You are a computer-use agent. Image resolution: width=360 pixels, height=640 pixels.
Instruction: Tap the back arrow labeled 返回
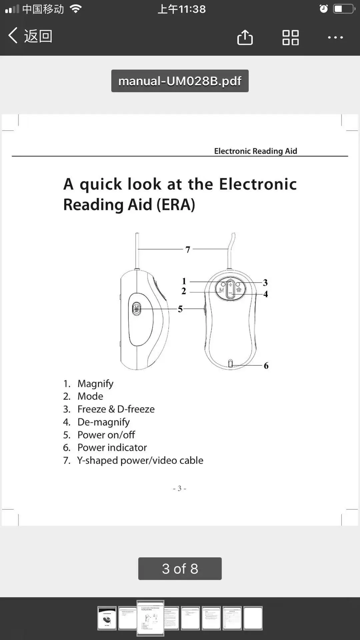point(30,36)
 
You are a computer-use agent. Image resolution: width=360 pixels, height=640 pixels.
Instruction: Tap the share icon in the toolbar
point(245,37)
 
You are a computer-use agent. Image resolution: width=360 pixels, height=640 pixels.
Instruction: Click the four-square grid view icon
point(290,37)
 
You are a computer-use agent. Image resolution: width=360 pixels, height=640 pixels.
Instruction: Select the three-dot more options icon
point(335,37)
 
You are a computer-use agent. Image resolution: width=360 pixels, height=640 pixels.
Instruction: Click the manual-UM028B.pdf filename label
point(180,81)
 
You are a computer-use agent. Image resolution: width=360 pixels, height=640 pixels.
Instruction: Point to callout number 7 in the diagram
point(188,249)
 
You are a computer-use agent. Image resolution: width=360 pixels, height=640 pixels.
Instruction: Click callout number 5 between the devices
point(180,309)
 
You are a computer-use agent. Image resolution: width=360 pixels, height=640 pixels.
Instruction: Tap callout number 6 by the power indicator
point(266,366)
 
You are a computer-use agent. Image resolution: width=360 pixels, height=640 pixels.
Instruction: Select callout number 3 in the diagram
point(265,283)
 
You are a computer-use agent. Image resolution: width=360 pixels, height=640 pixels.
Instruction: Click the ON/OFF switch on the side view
point(137,308)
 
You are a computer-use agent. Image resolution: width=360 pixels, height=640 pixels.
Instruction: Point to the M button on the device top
point(221,290)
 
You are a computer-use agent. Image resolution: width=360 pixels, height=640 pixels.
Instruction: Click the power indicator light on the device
point(230,363)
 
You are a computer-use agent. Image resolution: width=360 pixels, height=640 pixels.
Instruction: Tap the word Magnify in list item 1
point(95,384)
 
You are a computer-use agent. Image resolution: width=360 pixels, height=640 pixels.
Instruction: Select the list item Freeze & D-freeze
point(116,409)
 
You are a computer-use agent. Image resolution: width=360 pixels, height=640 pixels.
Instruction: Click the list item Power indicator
point(112,447)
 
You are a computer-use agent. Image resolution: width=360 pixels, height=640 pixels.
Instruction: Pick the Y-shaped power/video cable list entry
point(140,460)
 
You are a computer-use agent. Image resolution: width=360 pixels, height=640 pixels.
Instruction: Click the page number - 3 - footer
point(180,488)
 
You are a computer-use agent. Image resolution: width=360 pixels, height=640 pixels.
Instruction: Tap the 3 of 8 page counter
point(180,569)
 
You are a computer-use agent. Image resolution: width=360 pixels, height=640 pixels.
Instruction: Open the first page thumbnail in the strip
point(107,618)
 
